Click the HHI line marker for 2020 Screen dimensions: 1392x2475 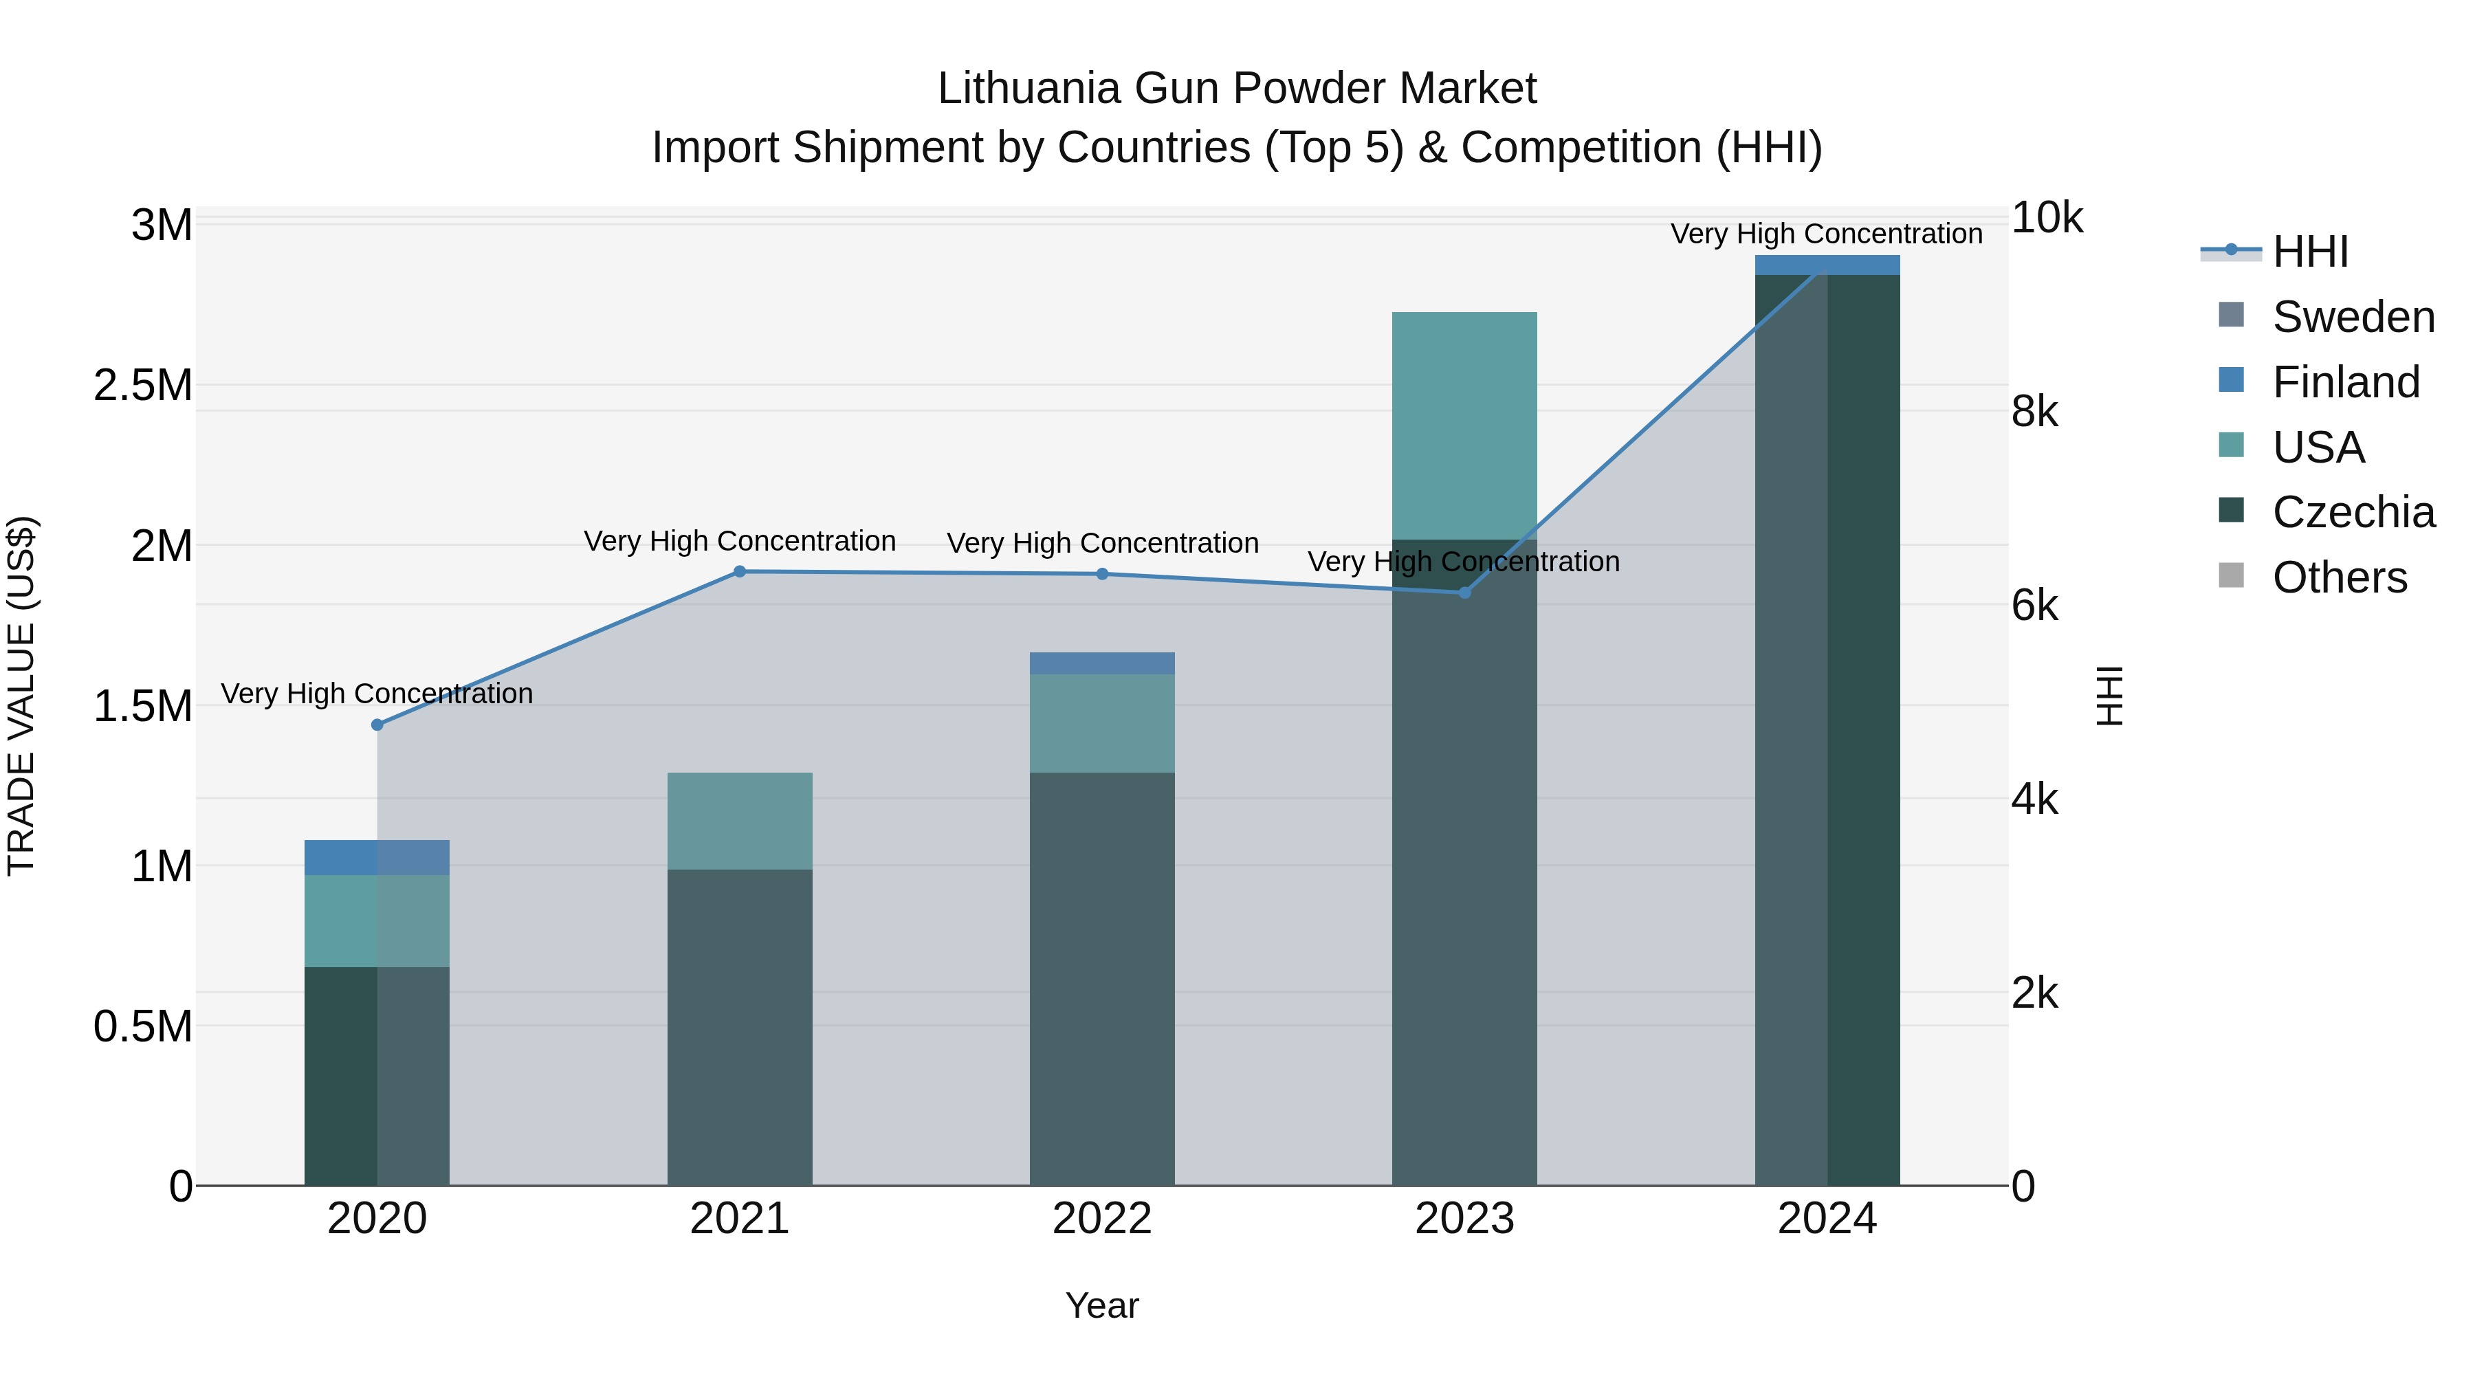point(377,725)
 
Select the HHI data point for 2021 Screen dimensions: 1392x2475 point(740,572)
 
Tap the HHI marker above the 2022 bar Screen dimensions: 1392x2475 point(1102,573)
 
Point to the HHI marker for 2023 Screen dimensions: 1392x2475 point(1464,593)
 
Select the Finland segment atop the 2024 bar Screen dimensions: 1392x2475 point(1827,265)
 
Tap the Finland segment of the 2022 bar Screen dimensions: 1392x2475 point(1102,663)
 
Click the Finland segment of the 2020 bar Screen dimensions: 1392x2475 point(377,857)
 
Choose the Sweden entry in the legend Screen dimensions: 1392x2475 point(2352,317)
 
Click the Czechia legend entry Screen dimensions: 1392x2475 point(2352,512)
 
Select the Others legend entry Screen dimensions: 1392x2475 point(2339,577)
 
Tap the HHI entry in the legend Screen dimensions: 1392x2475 point(2310,252)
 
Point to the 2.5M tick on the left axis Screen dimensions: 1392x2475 point(143,385)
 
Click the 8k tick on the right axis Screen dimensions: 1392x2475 point(2035,412)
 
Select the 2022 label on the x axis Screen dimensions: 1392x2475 point(1102,1219)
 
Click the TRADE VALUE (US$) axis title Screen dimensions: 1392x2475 point(21,696)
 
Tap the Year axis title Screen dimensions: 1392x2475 point(1102,1305)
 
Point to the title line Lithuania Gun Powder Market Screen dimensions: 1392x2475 point(1237,89)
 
